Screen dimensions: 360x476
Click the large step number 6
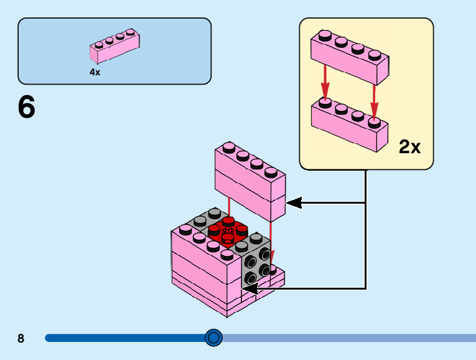coord(27,108)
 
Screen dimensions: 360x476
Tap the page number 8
coord(21,339)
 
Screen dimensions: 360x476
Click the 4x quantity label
coord(95,72)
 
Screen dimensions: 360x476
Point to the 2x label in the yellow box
coord(409,147)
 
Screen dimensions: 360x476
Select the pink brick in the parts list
coord(115,47)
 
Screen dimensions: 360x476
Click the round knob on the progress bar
coord(213,338)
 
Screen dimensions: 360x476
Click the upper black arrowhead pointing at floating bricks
coord(293,202)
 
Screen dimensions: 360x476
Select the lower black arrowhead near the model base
coord(250,288)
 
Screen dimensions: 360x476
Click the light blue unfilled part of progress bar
coord(348,338)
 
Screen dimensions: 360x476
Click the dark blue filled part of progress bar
coord(124,338)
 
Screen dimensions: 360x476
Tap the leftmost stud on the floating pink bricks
coord(228,148)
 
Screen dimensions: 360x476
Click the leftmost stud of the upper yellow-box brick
coord(324,36)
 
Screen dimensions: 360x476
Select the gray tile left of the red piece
coord(200,220)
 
